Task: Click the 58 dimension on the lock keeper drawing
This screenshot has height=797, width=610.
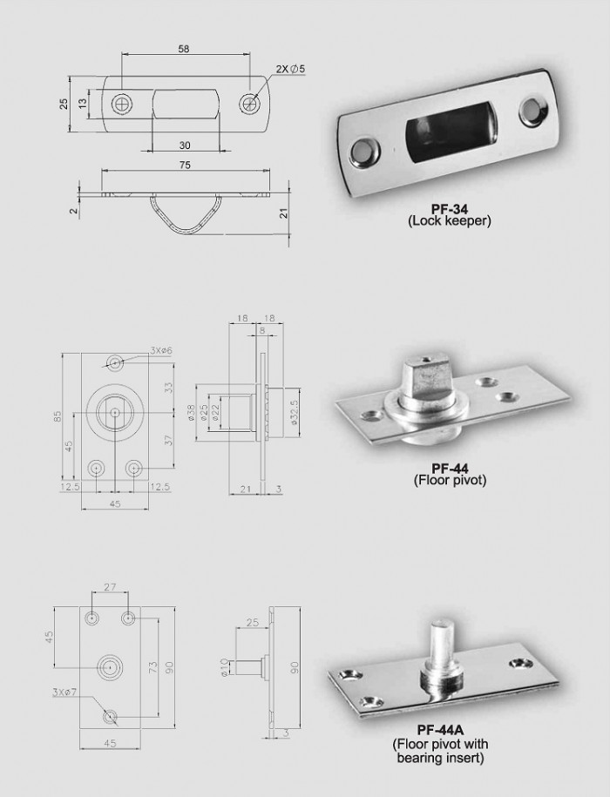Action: [x=184, y=51]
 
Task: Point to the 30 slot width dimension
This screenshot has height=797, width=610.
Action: [x=185, y=145]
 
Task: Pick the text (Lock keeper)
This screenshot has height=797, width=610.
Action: [x=450, y=222]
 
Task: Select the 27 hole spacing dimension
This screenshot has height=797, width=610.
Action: [x=110, y=589]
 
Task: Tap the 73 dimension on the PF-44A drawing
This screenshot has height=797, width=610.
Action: [x=153, y=668]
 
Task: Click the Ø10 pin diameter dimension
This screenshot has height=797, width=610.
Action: [x=225, y=668]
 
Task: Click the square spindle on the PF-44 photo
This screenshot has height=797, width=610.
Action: [x=424, y=375]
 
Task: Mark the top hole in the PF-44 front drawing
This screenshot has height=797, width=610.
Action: [x=115, y=362]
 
